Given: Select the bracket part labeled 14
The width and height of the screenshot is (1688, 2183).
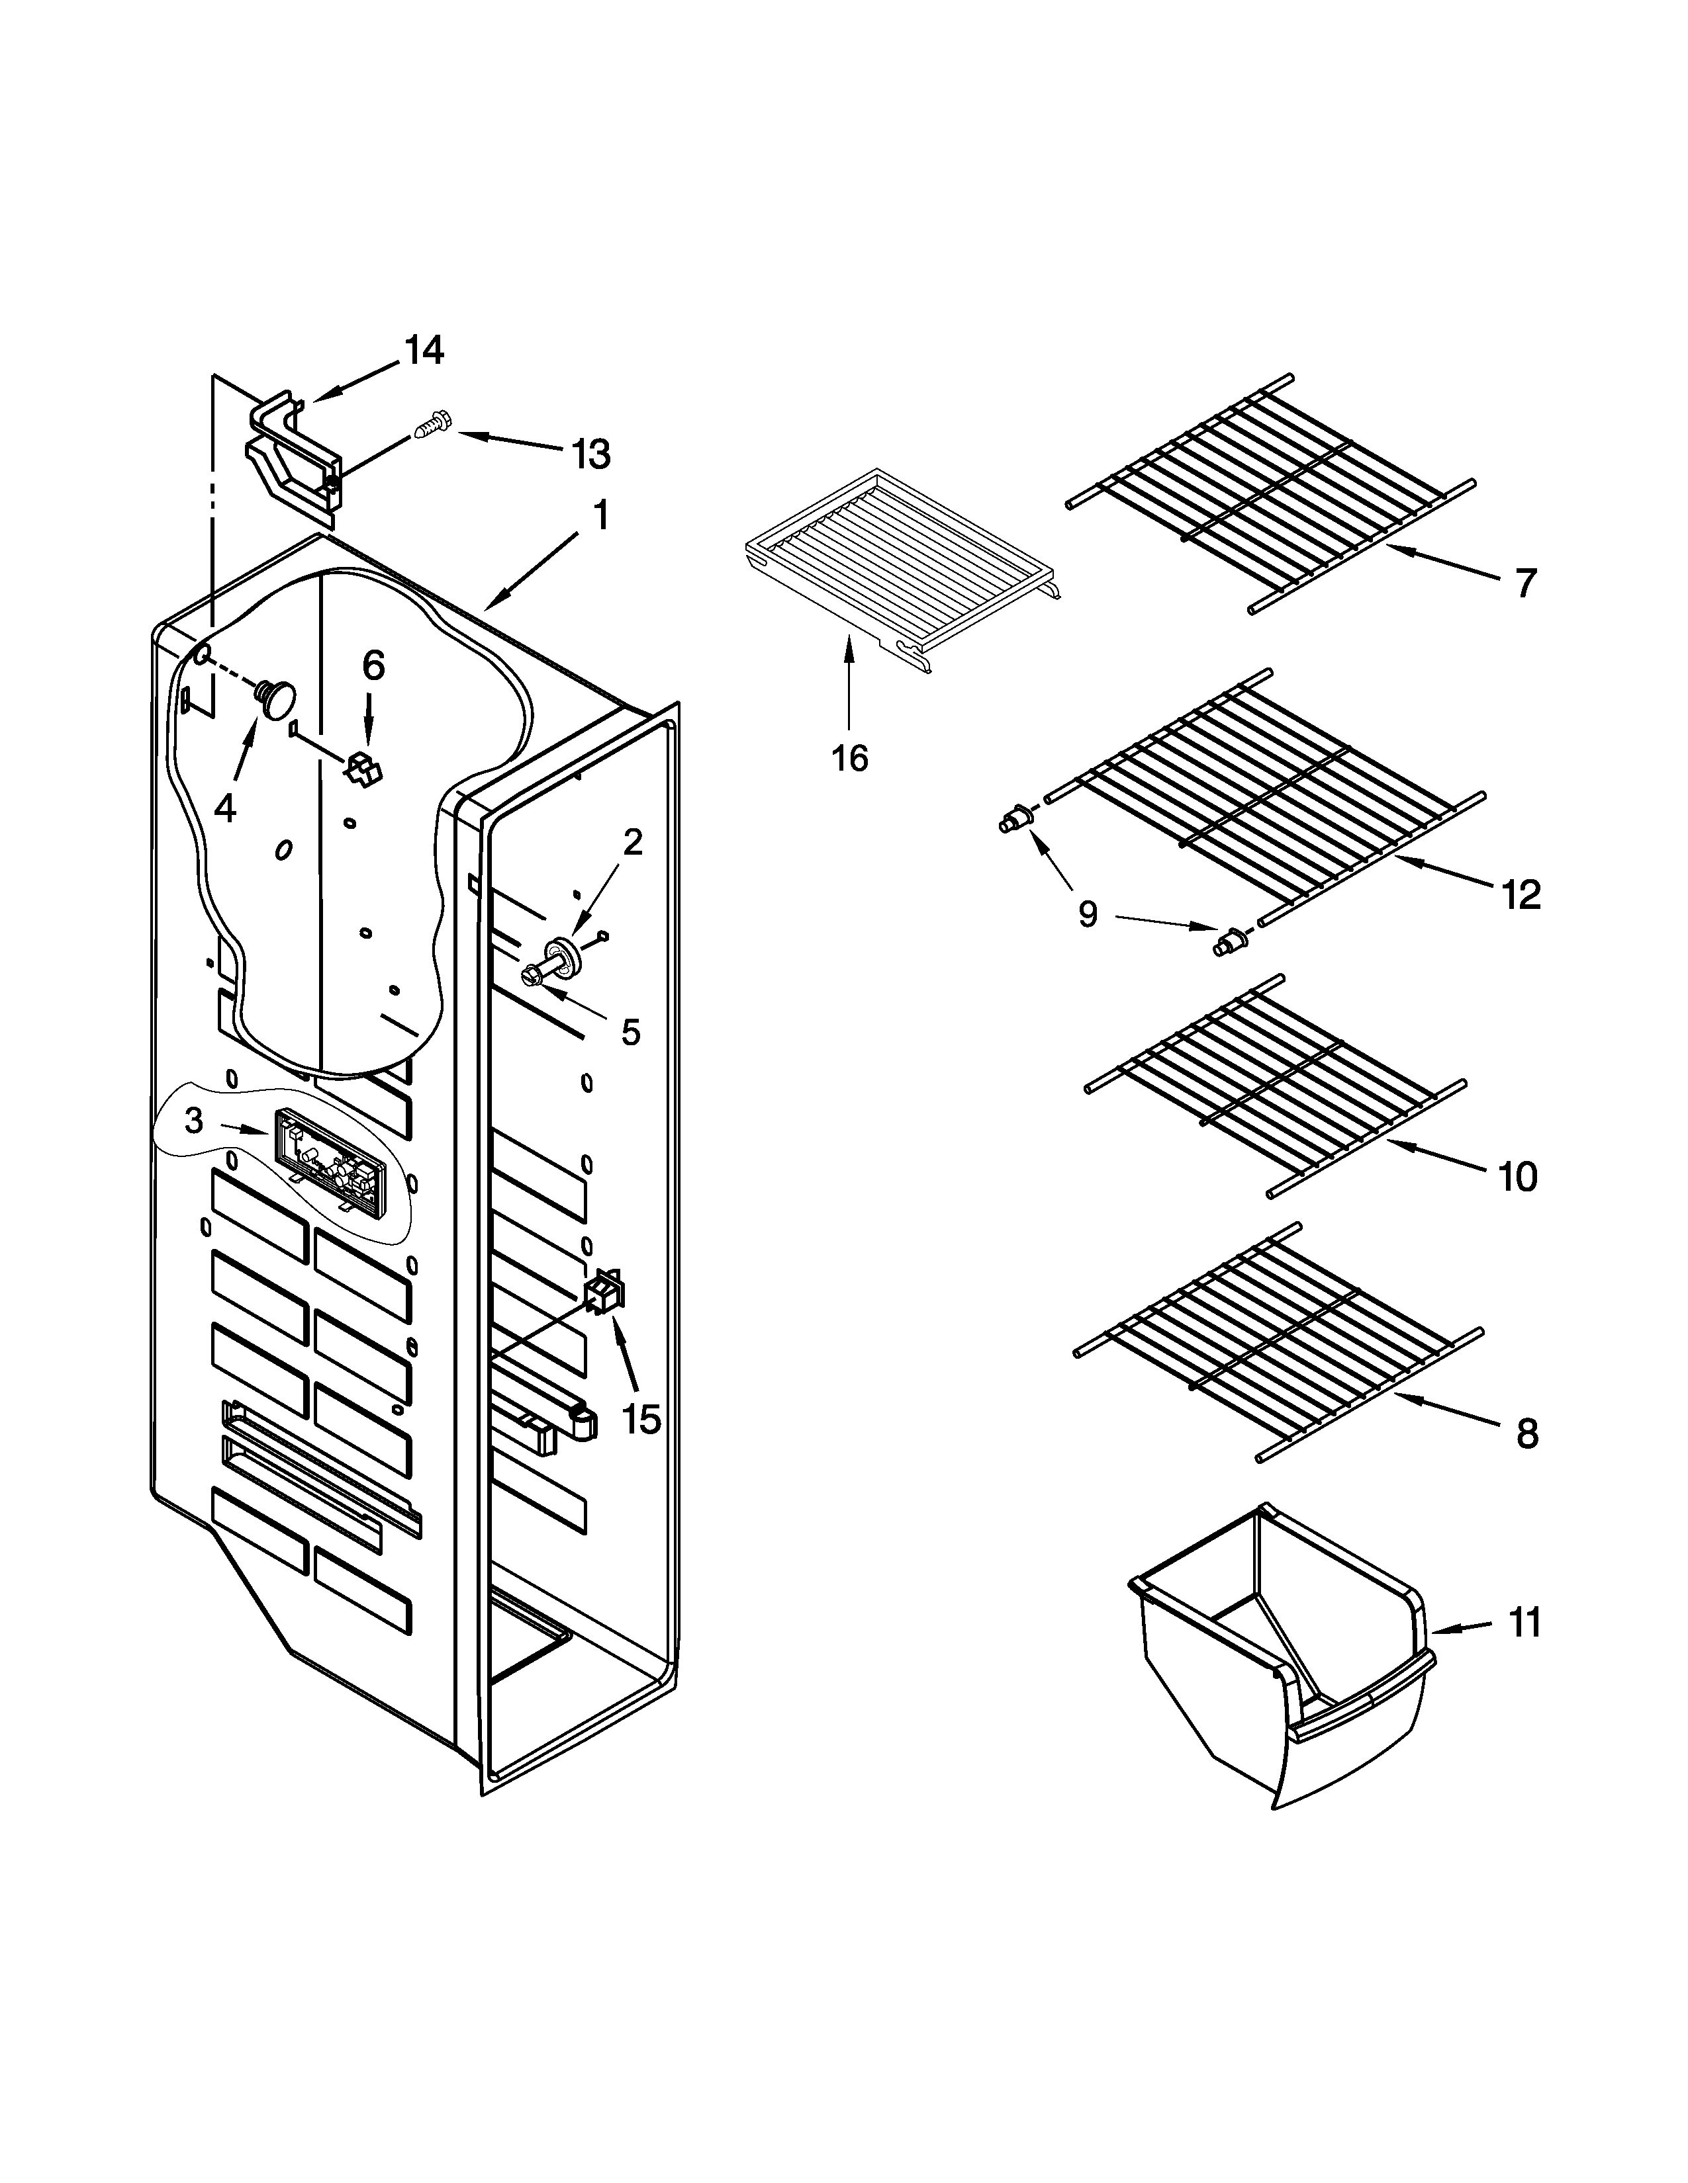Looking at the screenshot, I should pos(293,457).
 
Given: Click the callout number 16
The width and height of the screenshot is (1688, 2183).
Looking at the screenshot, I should pos(849,759).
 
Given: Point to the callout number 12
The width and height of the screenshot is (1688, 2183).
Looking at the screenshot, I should pos(1520,894).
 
